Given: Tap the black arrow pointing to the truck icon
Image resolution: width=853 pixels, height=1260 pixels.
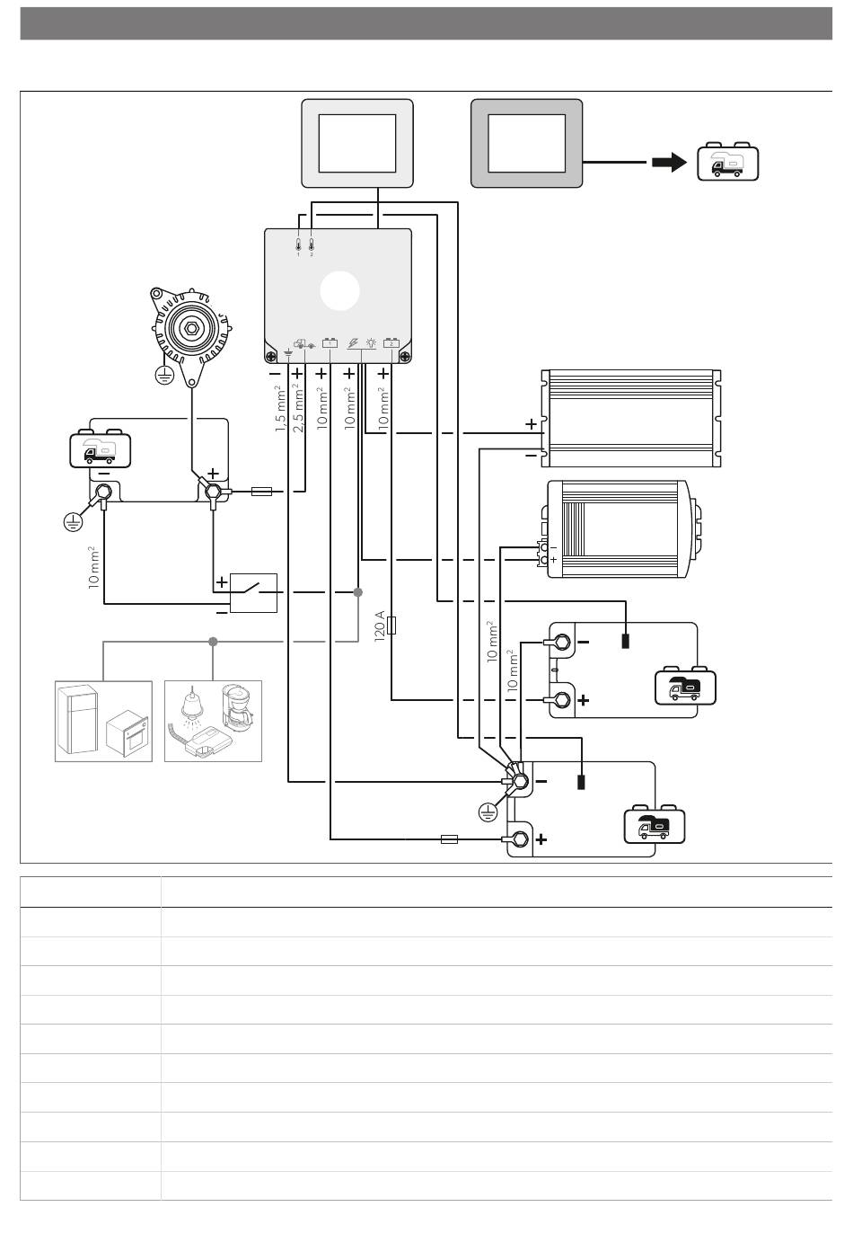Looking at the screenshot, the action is (x=669, y=163).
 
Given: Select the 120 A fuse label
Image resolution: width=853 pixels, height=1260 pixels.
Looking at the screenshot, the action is (x=379, y=626).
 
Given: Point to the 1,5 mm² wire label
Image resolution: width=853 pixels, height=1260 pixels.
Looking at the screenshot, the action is (x=280, y=408).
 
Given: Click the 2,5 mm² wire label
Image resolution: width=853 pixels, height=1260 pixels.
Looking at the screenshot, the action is (x=298, y=408).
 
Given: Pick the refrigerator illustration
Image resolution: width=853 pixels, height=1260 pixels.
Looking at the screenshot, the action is (x=78, y=720).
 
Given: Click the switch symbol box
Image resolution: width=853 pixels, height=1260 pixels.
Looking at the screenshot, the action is (x=253, y=593).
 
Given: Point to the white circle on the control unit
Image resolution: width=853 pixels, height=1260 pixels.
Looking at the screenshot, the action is (x=340, y=290).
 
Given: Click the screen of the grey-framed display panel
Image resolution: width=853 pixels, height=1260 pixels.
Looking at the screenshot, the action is (x=526, y=144).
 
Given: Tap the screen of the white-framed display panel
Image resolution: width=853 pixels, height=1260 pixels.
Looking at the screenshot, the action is (x=357, y=144).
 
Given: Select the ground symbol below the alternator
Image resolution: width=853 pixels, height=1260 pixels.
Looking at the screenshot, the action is (x=164, y=374).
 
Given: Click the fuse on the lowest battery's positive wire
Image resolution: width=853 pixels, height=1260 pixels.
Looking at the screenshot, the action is (x=449, y=839).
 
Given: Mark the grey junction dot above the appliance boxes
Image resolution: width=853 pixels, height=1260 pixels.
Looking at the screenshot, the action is (x=213, y=642).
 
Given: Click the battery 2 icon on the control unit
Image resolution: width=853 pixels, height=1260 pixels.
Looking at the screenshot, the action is (x=391, y=342).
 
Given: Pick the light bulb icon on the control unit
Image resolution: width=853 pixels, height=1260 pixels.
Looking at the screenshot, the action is (x=371, y=342).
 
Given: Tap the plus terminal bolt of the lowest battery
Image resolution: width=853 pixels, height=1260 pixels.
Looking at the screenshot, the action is (x=520, y=839).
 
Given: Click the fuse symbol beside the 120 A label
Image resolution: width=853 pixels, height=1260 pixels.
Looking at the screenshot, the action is (x=391, y=626).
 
